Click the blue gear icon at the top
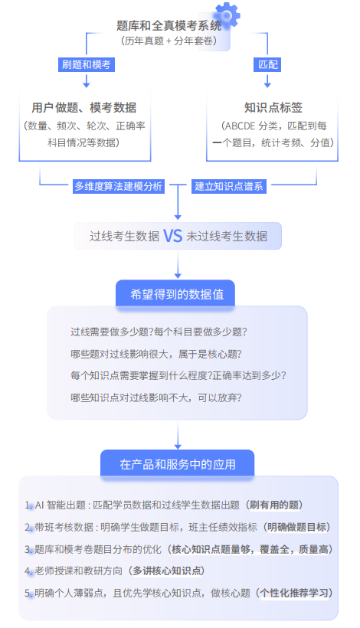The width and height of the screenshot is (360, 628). coord(226,14)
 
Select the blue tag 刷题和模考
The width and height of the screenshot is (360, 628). coord(87,64)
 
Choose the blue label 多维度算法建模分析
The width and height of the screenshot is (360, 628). coord(117,186)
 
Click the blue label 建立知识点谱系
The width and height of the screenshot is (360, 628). coord(229,186)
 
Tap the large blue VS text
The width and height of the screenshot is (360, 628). coord(172,236)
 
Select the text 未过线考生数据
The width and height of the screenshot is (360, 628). coord(227,236)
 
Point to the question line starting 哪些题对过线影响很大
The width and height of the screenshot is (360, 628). coord(155,354)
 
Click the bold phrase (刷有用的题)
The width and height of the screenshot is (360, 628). coord(273,505)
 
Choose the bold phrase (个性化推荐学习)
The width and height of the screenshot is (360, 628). coord(296,593)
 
